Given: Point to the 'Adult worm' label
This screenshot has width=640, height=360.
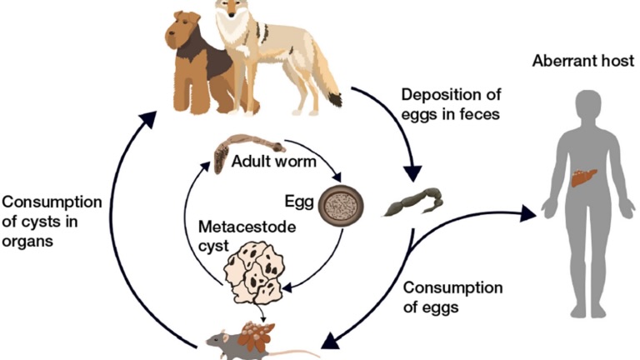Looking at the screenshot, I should pos(274,160).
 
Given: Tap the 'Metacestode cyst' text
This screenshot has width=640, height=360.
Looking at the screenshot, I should pos(235,236).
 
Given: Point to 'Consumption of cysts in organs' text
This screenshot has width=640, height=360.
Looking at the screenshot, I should pos(52,222).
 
